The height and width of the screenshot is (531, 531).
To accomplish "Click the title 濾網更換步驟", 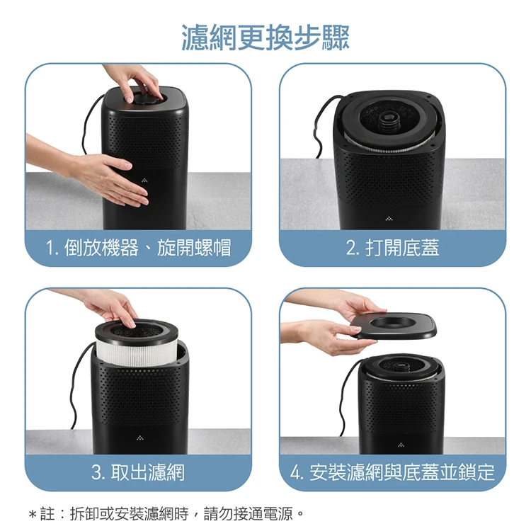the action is tap(265, 38).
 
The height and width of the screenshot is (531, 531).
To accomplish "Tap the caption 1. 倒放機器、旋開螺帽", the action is tap(139, 248).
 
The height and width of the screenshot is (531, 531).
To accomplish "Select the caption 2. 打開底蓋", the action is tap(392, 248).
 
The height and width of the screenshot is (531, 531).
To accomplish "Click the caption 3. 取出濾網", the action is tap(138, 472).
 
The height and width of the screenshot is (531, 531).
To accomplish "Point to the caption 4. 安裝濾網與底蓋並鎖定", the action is tap(392, 472).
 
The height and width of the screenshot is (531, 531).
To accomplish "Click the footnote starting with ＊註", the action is tap(166, 514).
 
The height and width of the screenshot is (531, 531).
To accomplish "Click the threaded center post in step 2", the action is tap(387, 121).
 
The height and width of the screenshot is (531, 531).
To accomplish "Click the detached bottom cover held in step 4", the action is tap(393, 325).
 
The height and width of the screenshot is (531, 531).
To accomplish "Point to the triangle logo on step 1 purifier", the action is tap(144, 180).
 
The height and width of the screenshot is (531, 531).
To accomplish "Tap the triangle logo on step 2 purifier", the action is tap(389, 219).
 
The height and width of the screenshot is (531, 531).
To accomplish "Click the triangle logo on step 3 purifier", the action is tap(140, 438).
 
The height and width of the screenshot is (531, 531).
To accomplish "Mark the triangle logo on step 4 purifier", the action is tap(401, 445).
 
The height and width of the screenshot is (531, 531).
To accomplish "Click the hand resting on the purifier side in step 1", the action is tap(101, 176).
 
